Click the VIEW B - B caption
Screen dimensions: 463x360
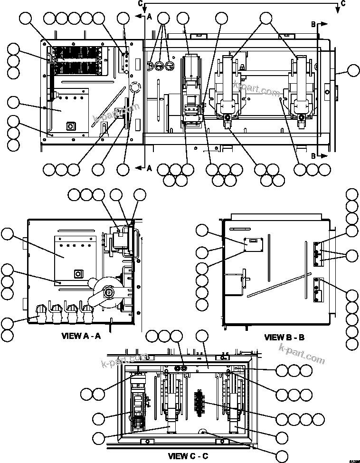284,338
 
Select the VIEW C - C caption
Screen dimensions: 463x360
188,456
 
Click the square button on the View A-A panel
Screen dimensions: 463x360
77,274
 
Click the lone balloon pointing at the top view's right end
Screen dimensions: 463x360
353,71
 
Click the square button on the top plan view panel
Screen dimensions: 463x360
71,125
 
